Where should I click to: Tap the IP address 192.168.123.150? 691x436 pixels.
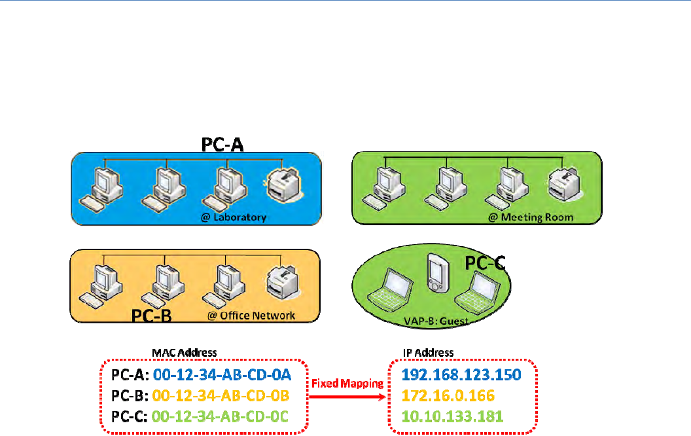pyautogui.click(x=461, y=375)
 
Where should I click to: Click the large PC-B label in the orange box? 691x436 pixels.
pyautogui.click(x=151, y=316)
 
